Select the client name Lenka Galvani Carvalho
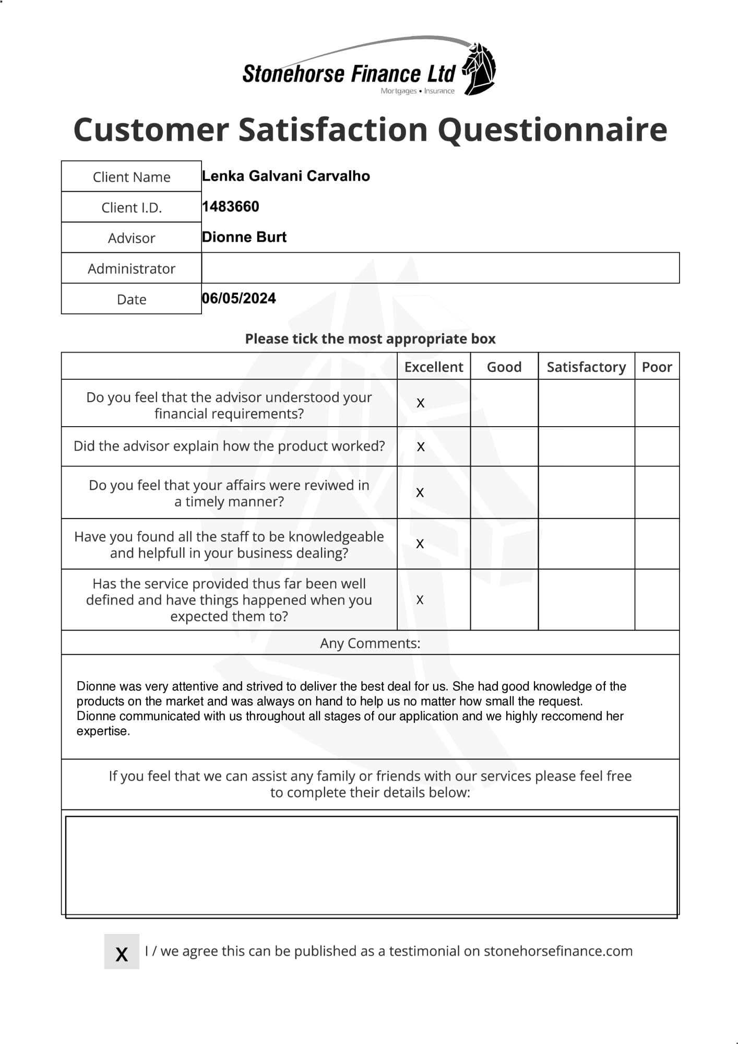[285, 176]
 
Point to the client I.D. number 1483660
[230, 207]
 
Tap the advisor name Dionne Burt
[244, 237]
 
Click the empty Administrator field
[440, 268]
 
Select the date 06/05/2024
[239, 298]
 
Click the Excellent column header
[433, 367]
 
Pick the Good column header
[504, 367]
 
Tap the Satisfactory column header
[586, 367]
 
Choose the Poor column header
[657, 367]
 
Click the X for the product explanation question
[421, 447]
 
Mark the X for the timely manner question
[420, 492]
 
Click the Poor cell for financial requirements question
[657, 403]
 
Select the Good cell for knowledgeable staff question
[504, 544]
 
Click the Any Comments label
[370, 643]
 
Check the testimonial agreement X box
[122, 952]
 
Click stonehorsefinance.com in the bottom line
[557, 951]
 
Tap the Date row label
[132, 299]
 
